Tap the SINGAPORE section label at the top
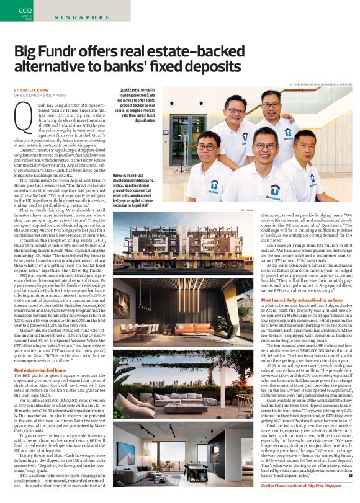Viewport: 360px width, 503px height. [x=77, y=18]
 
